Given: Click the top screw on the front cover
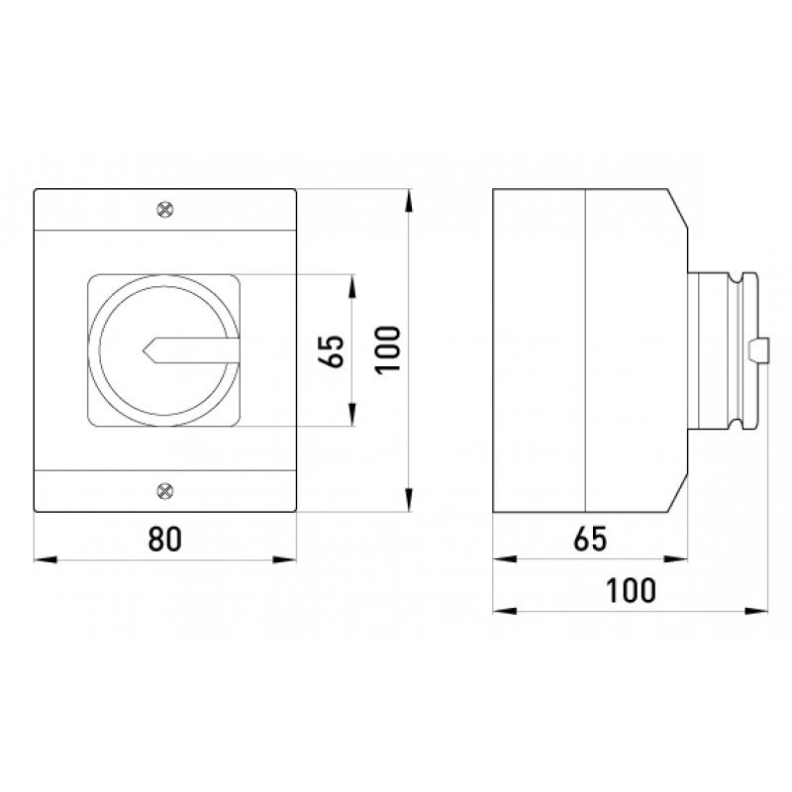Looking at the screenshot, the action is (165, 209).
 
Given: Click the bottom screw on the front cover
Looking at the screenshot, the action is (165, 490).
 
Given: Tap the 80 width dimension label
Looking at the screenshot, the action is (164, 539).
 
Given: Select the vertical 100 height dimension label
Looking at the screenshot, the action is (387, 349).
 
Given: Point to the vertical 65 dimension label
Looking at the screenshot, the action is (332, 350).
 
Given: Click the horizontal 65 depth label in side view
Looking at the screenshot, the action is (590, 539).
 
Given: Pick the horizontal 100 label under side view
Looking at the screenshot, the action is (631, 590).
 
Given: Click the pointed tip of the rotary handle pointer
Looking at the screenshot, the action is (144, 349).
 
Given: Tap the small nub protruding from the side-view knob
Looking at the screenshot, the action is (759, 350).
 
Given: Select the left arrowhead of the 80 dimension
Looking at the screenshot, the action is (45, 559).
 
